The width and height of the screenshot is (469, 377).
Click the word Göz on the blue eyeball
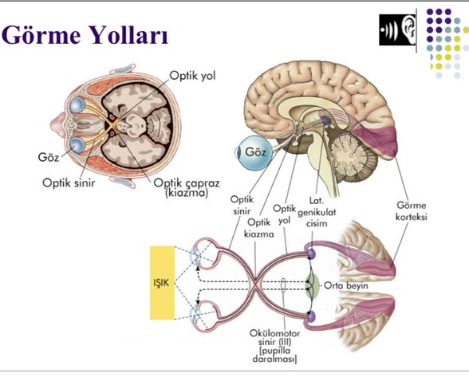click(256, 151)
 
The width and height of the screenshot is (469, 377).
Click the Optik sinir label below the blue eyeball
click(241, 205)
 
